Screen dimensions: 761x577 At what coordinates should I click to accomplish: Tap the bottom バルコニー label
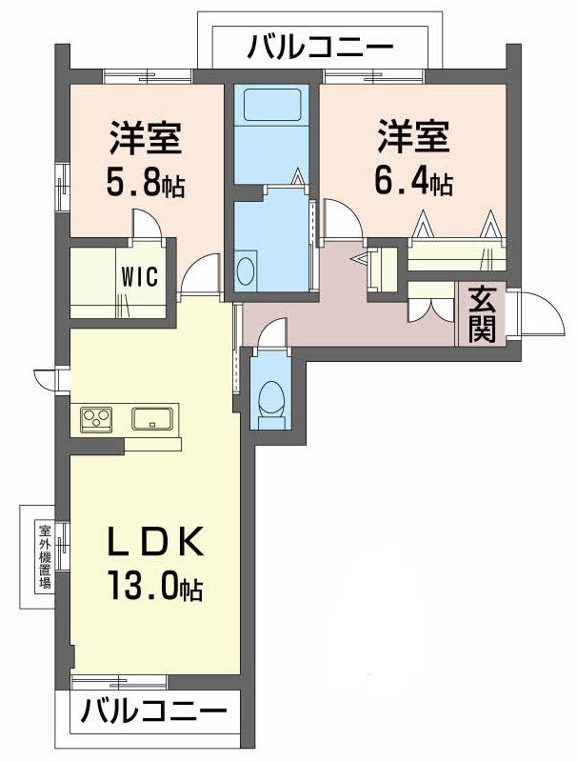coord(152,711)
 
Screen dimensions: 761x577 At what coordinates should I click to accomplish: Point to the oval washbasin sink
coord(245,269)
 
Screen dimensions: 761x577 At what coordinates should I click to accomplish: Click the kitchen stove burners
coord(96,417)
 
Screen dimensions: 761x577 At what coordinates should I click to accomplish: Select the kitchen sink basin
coord(150,417)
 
